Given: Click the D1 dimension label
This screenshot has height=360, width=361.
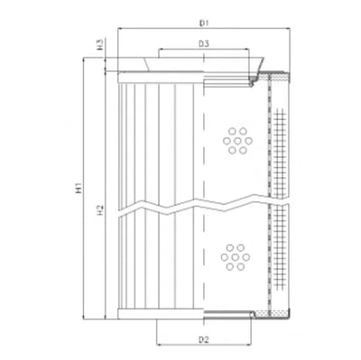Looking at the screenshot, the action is (x=204, y=23).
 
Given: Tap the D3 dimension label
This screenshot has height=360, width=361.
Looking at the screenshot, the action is (x=204, y=44).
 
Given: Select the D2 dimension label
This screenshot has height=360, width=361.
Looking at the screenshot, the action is (x=204, y=340).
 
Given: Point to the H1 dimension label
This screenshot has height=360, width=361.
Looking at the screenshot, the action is (x=79, y=188).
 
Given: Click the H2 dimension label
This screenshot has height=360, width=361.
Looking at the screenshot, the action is (x=100, y=209).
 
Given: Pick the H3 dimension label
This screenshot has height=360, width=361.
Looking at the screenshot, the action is (x=100, y=44).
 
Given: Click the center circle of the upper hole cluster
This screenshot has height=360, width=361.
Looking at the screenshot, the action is (x=237, y=141).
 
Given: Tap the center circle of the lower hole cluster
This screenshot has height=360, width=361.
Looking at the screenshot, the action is (x=236, y=257).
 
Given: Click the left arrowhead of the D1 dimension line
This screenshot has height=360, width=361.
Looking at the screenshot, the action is (x=120, y=28).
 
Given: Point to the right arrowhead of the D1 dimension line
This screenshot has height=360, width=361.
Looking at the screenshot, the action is (x=288, y=28).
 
